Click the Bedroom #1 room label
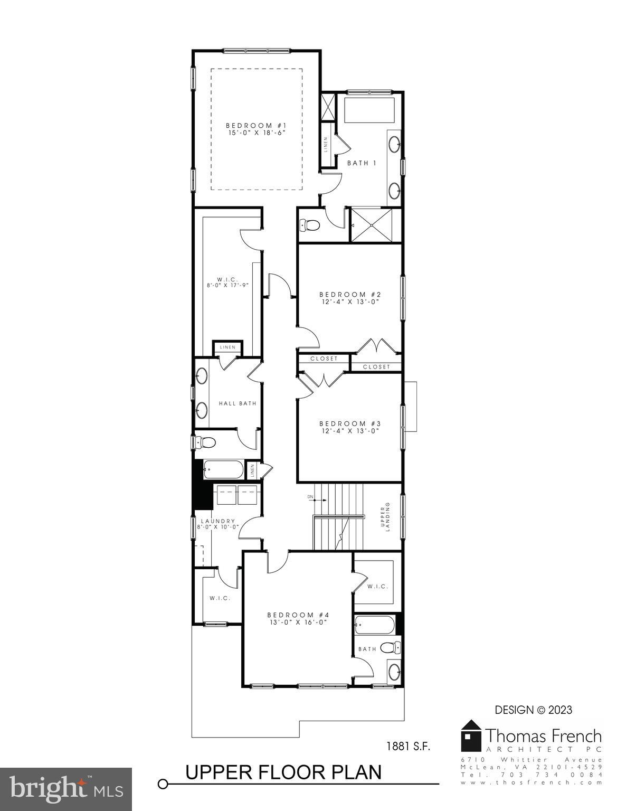click(x=256, y=125)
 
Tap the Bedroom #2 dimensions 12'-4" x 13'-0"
click(x=350, y=302)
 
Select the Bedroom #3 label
click(x=350, y=423)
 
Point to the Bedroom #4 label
click(x=298, y=615)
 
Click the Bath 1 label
click(x=362, y=163)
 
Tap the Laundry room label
click(x=217, y=521)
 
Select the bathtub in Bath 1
click(x=369, y=110)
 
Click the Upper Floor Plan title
click(x=283, y=772)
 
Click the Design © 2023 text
click(x=533, y=710)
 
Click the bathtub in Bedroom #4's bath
click(x=375, y=626)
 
